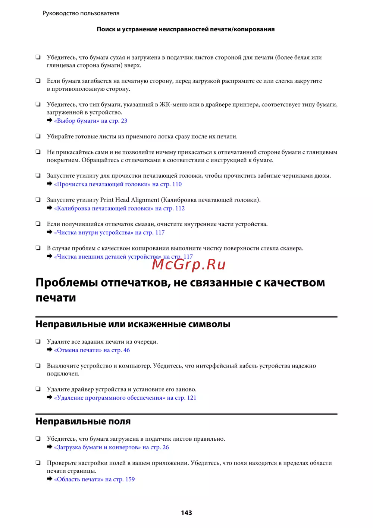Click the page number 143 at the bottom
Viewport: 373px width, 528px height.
(x=186, y=513)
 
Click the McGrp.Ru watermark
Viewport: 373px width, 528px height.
(x=189, y=265)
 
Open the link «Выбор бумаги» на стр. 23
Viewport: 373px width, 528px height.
(x=91, y=121)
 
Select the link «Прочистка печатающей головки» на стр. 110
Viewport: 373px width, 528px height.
(x=118, y=184)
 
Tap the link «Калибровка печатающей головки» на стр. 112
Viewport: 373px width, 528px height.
(x=119, y=209)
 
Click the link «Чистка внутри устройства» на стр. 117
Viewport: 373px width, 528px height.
(x=109, y=233)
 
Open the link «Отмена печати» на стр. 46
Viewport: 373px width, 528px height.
(x=92, y=350)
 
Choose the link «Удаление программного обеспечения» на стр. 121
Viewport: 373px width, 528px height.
(x=125, y=398)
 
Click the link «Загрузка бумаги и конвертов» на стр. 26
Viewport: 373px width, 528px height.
(x=112, y=447)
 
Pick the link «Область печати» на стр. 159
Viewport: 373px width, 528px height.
(x=94, y=479)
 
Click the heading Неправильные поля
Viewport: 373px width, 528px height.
(x=83, y=421)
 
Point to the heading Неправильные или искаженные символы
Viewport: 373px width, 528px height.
(x=133, y=324)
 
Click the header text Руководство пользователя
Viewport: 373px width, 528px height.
(x=81, y=13)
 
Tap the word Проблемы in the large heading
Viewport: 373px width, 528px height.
(x=66, y=283)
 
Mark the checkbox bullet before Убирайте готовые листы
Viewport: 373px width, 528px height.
(x=38, y=136)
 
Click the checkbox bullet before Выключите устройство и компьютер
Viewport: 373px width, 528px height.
(x=38, y=366)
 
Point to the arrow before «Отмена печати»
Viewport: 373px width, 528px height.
(x=50, y=350)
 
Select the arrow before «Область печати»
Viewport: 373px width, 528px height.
(x=50, y=479)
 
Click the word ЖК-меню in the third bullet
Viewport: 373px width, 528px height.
(x=173, y=105)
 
